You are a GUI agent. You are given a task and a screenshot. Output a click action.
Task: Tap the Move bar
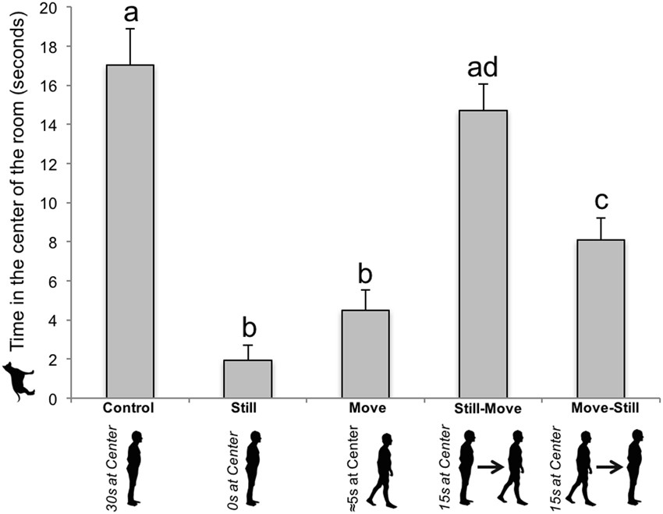[365, 354]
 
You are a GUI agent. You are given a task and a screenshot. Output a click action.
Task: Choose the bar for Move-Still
[601, 319]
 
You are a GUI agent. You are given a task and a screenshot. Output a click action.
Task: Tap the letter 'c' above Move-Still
[601, 200]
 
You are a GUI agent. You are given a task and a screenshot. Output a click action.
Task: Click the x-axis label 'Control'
[129, 408]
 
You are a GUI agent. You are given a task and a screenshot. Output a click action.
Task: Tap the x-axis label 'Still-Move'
[484, 408]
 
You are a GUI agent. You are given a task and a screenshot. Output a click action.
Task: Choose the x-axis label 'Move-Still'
[601, 408]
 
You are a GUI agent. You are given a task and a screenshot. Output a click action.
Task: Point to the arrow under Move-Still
[608, 466]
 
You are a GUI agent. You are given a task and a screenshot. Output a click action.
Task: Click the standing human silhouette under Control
[136, 466]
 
